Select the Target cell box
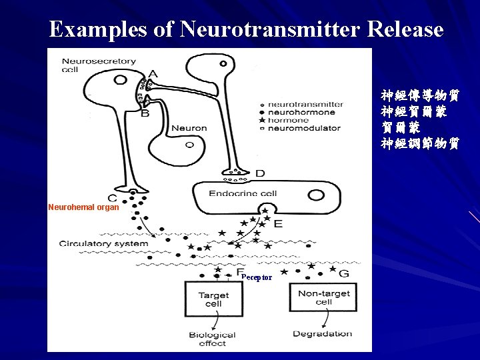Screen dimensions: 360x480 click(213, 299)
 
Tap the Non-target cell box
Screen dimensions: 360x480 click(323, 297)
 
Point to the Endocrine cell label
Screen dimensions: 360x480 click(243, 193)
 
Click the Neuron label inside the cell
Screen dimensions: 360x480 click(189, 128)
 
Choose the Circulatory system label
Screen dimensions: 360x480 click(103, 243)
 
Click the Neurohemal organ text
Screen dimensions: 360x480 click(83, 207)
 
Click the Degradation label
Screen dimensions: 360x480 click(323, 333)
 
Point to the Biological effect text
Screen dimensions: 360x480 click(212, 339)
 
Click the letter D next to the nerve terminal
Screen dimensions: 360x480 click(260, 173)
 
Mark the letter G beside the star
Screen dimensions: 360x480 click(344, 273)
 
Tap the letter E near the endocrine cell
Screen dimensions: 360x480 click(277, 223)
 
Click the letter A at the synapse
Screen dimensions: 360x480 click(153, 74)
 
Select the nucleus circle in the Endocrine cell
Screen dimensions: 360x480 click(316, 195)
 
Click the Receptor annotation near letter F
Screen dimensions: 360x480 click(257, 277)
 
